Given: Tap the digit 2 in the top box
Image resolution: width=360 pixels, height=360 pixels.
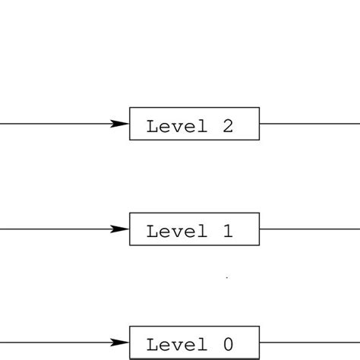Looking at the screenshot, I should [226, 126].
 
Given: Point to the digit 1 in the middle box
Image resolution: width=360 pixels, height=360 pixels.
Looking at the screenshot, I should [226, 231].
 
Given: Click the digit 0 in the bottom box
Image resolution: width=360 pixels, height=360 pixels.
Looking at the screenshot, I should [226, 344].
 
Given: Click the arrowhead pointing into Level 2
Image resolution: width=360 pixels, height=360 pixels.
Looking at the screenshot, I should [120, 124].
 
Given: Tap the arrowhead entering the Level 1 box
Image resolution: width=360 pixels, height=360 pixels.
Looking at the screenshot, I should [120, 229].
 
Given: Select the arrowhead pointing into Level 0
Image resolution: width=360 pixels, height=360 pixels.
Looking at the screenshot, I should [120, 342].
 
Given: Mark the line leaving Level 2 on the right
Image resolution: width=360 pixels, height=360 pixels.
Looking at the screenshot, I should [308, 124].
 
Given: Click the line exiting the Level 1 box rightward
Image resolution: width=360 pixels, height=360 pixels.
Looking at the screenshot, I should [308, 229].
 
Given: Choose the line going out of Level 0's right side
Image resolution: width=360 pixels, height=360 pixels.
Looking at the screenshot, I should [308, 342].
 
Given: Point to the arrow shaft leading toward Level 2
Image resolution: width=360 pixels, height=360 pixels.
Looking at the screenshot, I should [53, 124].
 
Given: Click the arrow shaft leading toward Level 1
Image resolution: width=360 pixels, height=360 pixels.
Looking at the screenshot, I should [53, 229].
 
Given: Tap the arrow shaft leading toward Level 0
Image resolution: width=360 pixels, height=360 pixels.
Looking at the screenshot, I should [53, 342].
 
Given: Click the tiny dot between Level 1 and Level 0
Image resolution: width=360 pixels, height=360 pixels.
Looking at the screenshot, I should [226, 279].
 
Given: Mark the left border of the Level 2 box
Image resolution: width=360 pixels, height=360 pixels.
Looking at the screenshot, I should [130, 124].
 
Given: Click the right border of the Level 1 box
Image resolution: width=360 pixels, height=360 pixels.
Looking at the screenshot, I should [260, 229].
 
